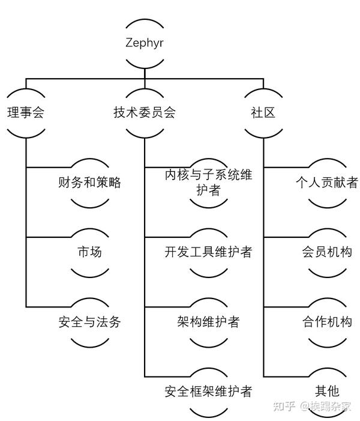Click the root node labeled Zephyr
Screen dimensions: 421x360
(145, 43)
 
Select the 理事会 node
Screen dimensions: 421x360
(26, 112)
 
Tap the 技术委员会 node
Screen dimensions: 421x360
(145, 112)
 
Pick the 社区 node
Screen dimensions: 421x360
(263, 112)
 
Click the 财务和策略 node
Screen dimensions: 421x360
(90, 183)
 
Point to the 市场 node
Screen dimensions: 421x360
(90, 252)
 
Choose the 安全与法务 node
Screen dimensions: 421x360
(90, 322)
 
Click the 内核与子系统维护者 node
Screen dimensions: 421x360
(208, 183)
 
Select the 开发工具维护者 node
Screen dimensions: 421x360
(208, 252)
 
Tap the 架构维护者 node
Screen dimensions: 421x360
(208, 322)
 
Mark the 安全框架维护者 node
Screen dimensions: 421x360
(208, 392)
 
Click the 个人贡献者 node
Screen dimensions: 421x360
(327, 183)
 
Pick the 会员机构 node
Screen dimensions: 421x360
(327, 252)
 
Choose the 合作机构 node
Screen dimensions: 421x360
(327, 322)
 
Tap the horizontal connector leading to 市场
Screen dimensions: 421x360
(48, 237)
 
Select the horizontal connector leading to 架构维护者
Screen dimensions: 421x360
(167, 307)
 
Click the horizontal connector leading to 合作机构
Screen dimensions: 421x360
(286, 307)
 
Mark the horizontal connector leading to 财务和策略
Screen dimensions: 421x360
(48, 167)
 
